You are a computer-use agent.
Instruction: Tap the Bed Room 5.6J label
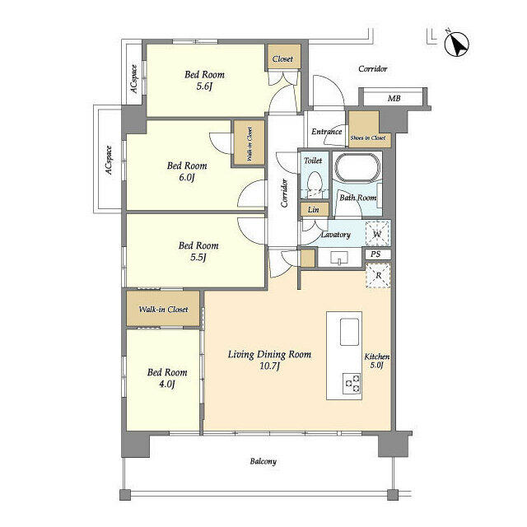coord(203,81)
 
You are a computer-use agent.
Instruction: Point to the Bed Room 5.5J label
coord(198,251)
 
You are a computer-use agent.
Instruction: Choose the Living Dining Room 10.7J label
coord(269,360)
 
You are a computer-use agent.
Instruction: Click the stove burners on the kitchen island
coord(352,383)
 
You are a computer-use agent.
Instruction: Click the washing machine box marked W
coord(377,234)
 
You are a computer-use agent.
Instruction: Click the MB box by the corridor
coord(394,99)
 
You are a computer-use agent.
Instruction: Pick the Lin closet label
coord(313,210)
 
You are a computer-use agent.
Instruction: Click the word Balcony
coord(263,462)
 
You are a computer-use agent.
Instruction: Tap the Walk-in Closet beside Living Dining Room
coord(163,310)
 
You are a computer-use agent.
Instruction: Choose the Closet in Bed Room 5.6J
coord(282,59)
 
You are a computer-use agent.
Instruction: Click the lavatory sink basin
coord(338,259)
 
